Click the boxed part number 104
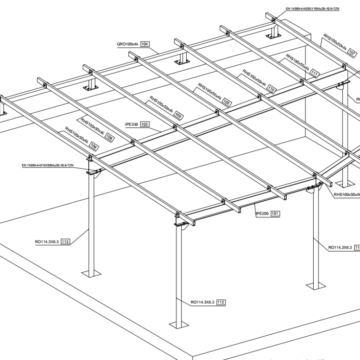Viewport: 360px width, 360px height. pyautogui.click(x=144, y=44)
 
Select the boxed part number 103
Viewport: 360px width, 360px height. pyautogui.click(x=144, y=124)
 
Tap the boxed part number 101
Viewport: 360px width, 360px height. pyautogui.click(x=275, y=214)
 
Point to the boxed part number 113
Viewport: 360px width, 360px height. pyautogui.click(x=66, y=242)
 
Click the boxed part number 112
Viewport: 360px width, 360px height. pyautogui.click(x=221, y=302)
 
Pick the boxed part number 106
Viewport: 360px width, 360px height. pyautogui.click(x=94, y=146)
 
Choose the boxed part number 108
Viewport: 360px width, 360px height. pyautogui.click(x=109, y=139)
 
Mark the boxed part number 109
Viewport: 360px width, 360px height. pyautogui.click(x=179, y=116)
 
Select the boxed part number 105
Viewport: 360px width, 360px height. pyautogui.click(x=227, y=103)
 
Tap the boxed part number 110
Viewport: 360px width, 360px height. pyautogui.click(x=271, y=89)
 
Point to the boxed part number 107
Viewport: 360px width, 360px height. pyautogui.click(x=352, y=54)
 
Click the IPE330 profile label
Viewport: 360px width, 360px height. pyautogui.click(x=132, y=124)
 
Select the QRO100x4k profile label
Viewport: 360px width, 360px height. pyautogui.click(x=127, y=44)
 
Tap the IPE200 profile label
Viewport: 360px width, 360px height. pyautogui.click(x=262, y=214)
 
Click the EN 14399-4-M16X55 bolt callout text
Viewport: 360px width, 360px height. pyautogui.click(x=47, y=166)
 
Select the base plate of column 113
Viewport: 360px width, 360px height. pyautogui.click(x=91, y=273)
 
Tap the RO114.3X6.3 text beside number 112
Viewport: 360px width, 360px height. pyautogui.click(x=202, y=302)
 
